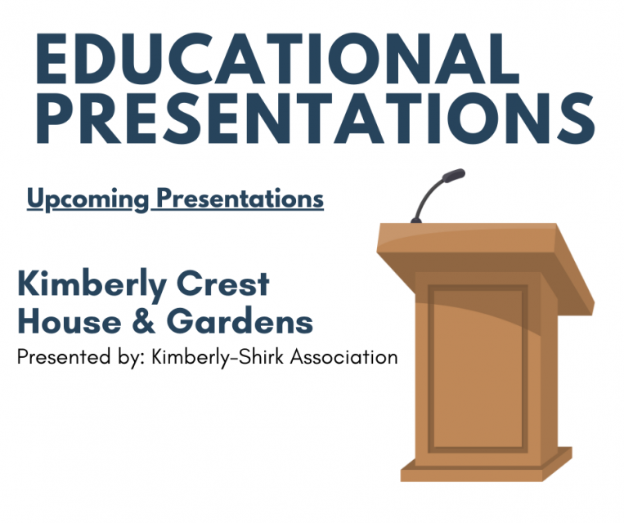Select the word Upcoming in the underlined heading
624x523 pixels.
click(x=88, y=199)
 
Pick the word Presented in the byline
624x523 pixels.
click(x=56, y=356)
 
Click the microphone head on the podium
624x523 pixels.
click(x=452, y=175)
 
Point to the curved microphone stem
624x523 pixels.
click(x=425, y=196)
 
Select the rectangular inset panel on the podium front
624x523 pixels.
click(x=478, y=368)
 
